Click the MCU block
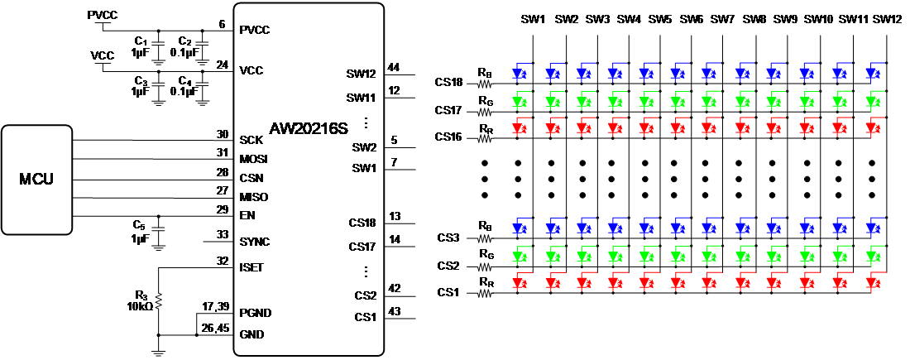click(36, 179)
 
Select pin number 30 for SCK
click(222, 134)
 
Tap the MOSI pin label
click(253, 159)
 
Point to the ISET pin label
click(251, 267)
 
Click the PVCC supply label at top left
click(103, 16)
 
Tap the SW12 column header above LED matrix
click(886, 19)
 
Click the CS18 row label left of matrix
click(451, 82)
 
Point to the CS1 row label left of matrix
click(448, 292)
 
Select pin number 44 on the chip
click(394, 67)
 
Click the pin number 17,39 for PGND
click(214, 306)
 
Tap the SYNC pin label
click(254, 242)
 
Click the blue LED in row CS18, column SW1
click(519, 73)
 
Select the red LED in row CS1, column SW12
click(872, 283)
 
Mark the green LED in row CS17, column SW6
click(676, 103)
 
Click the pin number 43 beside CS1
click(395, 310)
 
